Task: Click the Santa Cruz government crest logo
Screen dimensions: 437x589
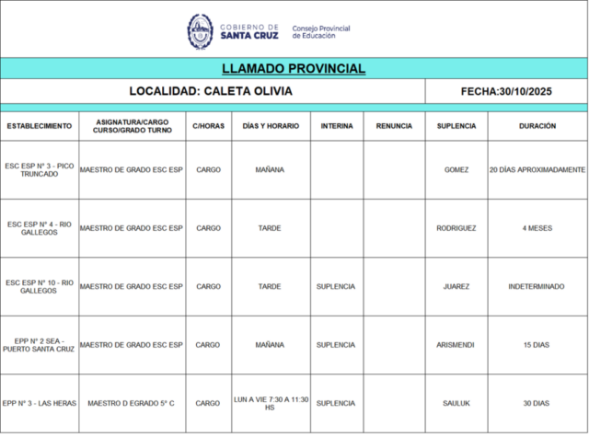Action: pos(200,30)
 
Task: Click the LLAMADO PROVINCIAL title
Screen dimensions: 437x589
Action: pos(294,68)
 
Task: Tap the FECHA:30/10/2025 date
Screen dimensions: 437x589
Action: pos(505,91)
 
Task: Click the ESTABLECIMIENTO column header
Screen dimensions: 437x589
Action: pos(39,126)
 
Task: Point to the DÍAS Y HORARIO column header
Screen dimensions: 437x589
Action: pos(270,126)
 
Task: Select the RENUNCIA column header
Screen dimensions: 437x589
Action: pos(394,126)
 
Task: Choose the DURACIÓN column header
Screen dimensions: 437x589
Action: pos(537,126)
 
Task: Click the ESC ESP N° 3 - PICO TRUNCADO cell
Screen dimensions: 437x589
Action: pos(39,169)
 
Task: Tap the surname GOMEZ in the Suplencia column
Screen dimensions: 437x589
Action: pos(456,169)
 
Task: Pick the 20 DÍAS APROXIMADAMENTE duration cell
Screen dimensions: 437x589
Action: pos(537,169)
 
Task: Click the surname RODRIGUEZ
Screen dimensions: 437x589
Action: pos(456,228)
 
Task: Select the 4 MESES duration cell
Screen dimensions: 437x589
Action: pos(537,228)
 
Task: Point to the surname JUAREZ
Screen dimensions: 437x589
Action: pos(456,286)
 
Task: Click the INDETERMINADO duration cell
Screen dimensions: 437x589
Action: pos(537,286)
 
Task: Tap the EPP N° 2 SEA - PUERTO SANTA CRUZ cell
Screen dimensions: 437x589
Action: pos(39,345)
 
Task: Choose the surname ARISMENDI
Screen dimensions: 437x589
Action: pos(456,345)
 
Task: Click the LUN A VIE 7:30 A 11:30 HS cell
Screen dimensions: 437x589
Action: pos(270,403)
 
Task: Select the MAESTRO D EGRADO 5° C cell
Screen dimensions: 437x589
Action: pos(131,403)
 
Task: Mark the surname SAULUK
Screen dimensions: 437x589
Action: pos(456,403)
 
